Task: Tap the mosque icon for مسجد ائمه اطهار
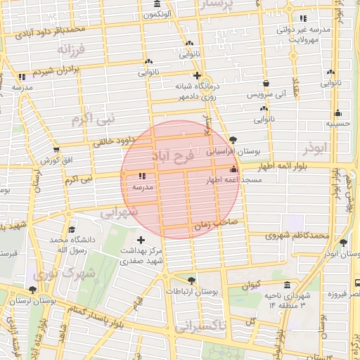233,169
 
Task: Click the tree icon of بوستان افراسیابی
233,140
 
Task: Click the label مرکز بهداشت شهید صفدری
141,255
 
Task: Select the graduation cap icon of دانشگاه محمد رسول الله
72,229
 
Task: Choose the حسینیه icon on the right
338,112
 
